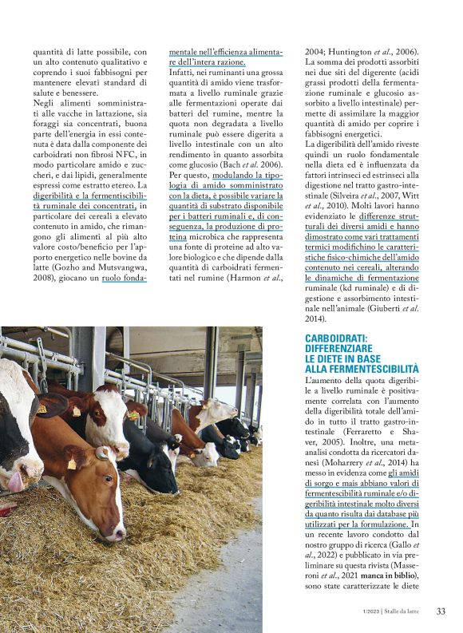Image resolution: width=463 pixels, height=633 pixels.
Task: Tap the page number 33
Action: pyautogui.click(x=440, y=611)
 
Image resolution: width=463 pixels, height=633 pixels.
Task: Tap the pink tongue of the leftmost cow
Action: pyautogui.click(x=14, y=480)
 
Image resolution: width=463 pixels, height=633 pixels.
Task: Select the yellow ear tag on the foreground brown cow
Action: pyautogui.click(x=72, y=463)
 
